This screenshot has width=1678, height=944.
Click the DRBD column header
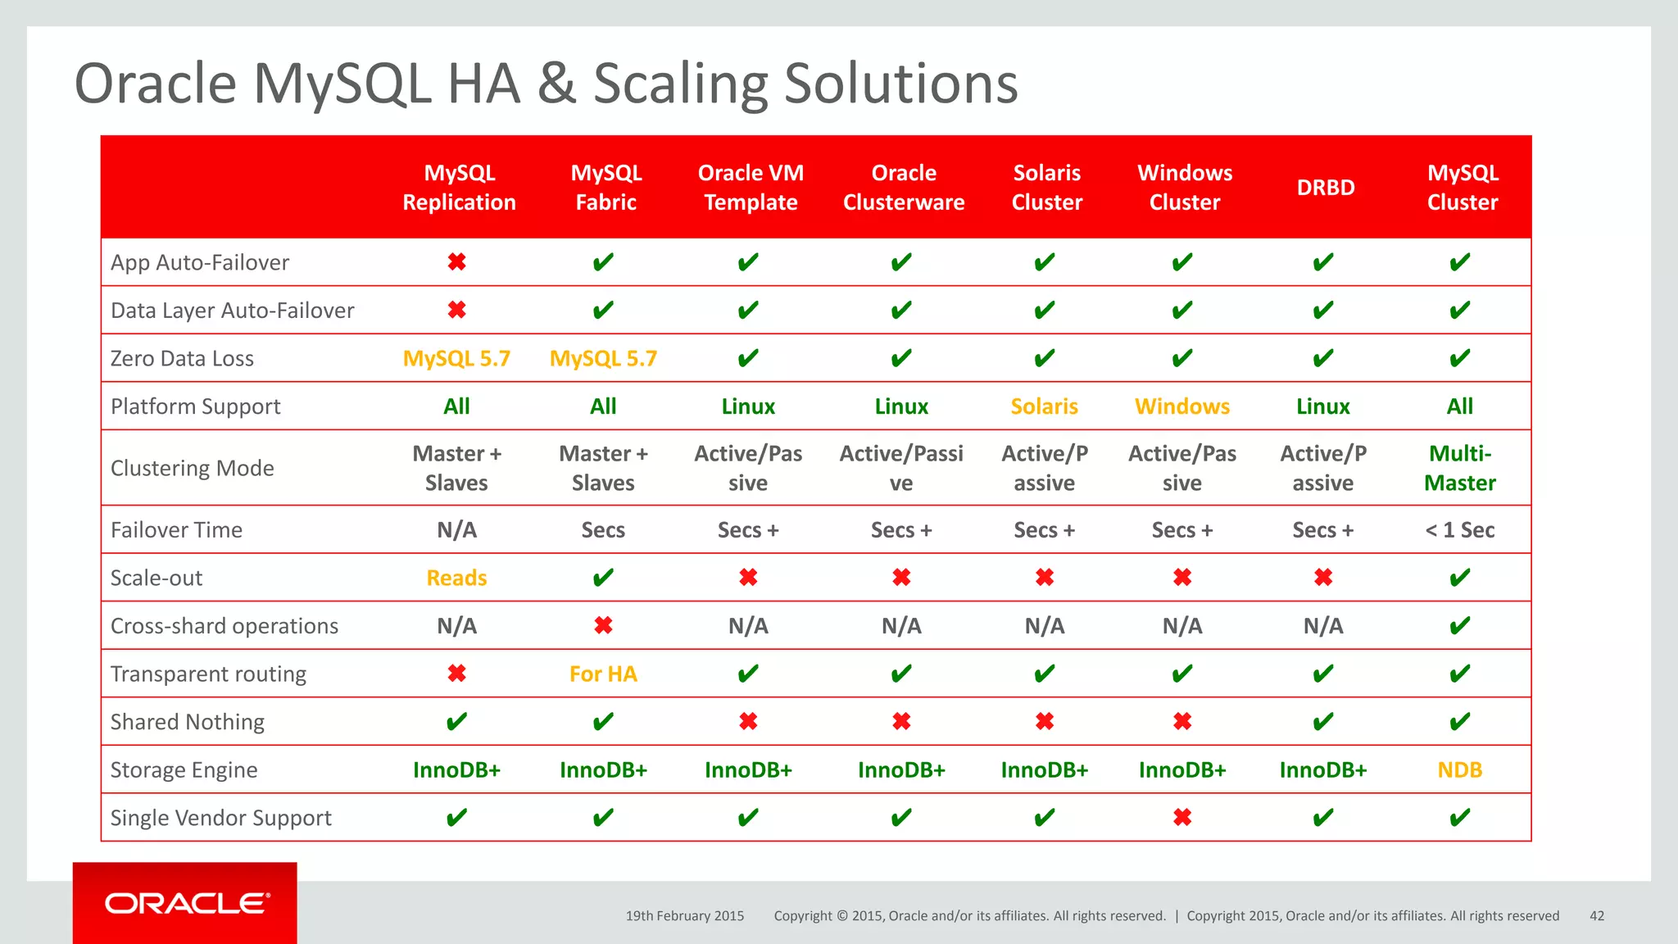1325,188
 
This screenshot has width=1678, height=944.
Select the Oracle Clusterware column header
903,188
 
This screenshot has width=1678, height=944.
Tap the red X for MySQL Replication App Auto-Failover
456,262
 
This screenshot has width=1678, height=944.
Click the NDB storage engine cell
1459,770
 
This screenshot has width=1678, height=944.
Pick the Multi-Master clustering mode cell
1459,468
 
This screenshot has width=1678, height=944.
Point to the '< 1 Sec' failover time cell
1459,530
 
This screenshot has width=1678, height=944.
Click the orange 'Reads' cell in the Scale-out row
456,579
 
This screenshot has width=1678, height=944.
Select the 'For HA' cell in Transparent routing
603,674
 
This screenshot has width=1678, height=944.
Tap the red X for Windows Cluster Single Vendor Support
1181,818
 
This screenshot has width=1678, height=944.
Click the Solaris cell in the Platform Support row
1044,406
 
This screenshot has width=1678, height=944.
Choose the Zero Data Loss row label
182,359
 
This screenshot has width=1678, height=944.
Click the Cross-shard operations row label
224,626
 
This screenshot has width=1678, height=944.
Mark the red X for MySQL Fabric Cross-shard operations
603,626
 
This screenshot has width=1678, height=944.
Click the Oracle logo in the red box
187,903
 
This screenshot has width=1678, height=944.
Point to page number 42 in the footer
1596,916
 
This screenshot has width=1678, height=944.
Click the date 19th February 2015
684,916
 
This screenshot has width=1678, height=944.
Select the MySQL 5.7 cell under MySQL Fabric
603,359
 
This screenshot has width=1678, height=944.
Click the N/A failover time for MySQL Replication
456,530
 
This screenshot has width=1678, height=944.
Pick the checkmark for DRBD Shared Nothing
1322,722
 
